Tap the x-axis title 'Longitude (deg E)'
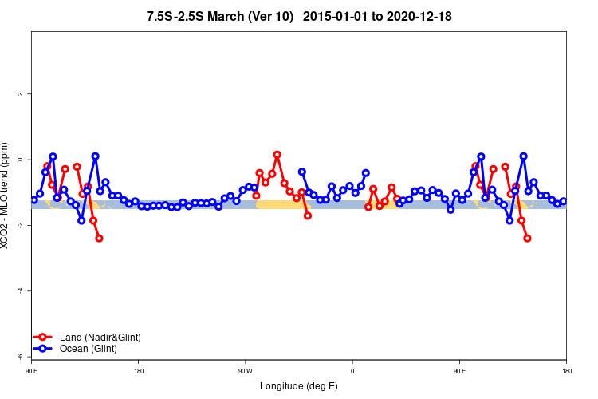point(299,386)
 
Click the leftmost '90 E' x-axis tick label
point(31,371)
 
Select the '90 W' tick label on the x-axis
point(245,371)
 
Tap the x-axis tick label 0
point(352,371)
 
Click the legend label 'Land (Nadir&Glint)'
point(100,338)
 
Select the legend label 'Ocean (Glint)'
point(89,349)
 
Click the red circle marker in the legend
point(45,338)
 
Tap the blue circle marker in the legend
point(45,349)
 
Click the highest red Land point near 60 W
point(277,155)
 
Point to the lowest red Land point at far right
point(527,239)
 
